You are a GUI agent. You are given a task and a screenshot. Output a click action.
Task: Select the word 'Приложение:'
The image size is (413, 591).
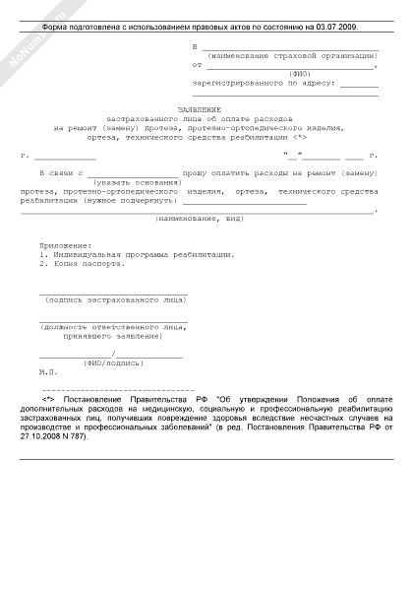[65, 244]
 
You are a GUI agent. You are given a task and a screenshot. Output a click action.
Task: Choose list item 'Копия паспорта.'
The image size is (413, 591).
[87, 264]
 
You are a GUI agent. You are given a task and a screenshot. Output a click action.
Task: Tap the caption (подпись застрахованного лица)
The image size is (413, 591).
[113, 297]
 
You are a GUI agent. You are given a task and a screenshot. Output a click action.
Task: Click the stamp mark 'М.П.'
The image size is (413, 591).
[49, 372]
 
